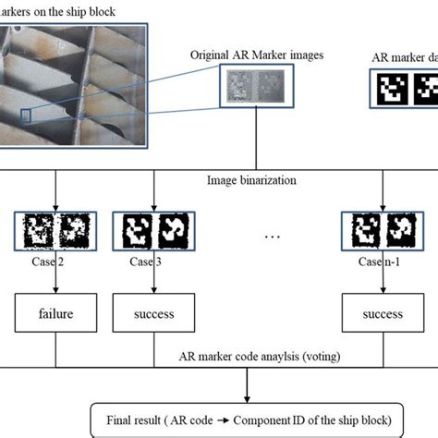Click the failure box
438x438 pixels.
[x=57, y=314]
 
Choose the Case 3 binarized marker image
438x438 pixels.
[x=151, y=231]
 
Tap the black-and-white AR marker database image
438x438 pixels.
[x=407, y=91]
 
